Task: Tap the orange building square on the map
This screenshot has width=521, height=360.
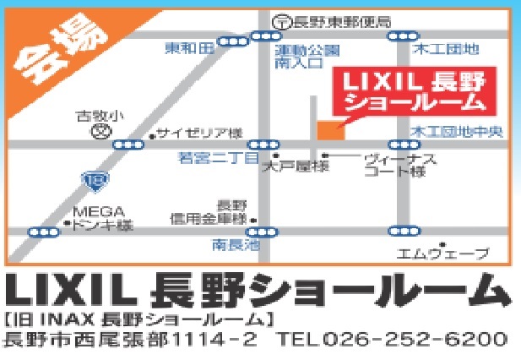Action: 330,130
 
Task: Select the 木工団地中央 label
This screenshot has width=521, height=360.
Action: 456,133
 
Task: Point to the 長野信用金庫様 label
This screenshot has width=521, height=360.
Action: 212,212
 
